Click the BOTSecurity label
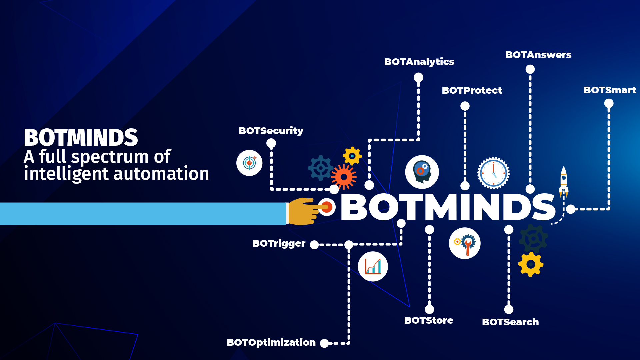pyautogui.click(x=271, y=131)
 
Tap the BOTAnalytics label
pyautogui.click(x=419, y=62)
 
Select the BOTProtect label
pyautogui.click(x=472, y=90)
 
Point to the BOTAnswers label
pyautogui.click(x=538, y=55)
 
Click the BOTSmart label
pyautogui.click(x=610, y=90)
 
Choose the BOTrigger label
pyautogui.click(x=279, y=244)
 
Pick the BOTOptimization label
pyautogui.click(x=271, y=343)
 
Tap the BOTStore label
pyautogui.click(x=429, y=320)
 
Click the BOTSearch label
pyautogui.click(x=510, y=322)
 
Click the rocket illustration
pyautogui.click(x=564, y=182)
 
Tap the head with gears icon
pyautogui.click(x=422, y=172)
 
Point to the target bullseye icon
pyautogui.click(x=249, y=163)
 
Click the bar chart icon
pyautogui.click(x=373, y=267)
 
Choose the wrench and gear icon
pyautogui.click(x=465, y=243)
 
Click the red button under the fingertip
pyautogui.click(x=327, y=207)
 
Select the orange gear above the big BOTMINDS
pyautogui.click(x=344, y=177)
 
